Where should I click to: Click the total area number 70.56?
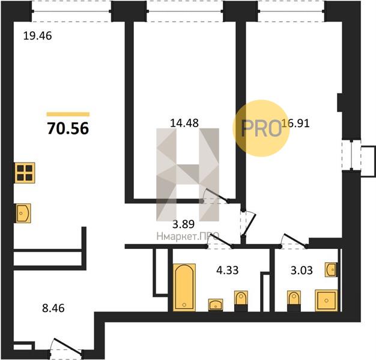(68, 128)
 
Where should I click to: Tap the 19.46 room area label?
(38, 36)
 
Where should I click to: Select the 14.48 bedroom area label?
(184, 123)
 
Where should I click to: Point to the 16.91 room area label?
(296, 123)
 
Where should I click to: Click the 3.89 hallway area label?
(184, 224)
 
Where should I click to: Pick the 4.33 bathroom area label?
(227, 270)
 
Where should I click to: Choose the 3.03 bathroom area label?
(302, 271)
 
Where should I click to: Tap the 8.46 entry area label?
(53, 308)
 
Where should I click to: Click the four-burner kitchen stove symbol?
(25, 173)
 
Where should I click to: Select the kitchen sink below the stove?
(23, 213)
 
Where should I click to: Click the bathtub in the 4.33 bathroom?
(184, 287)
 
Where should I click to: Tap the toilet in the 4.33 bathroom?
(241, 301)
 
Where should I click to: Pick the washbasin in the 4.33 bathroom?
(216, 305)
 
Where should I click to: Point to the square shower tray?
(326, 301)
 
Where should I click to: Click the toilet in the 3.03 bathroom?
(294, 301)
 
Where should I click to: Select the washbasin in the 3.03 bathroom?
(331, 270)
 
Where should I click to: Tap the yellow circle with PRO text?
(261, 128)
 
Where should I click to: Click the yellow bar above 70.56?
(68, 114)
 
